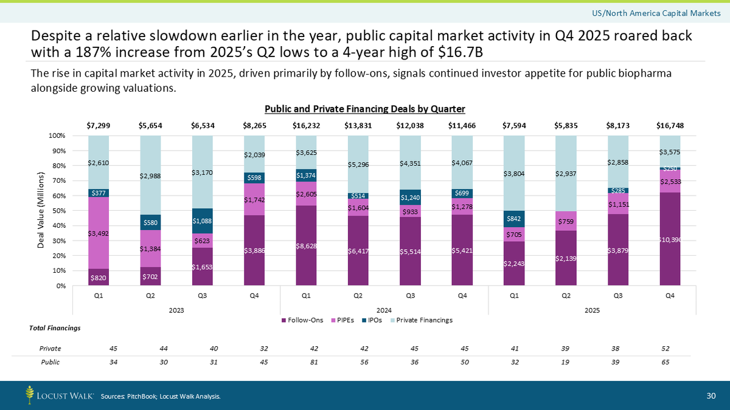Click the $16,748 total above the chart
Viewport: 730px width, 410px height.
[x=669, y=125]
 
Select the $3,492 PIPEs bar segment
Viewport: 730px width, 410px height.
[x=99, y=233]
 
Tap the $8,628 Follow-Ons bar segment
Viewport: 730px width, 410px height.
[x=306, y=245]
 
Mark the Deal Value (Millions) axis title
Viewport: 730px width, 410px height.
[x=41, y=210]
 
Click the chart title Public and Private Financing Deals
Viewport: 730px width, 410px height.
[x=364, y=109]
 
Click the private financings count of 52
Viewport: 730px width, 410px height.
[x=669, y=349]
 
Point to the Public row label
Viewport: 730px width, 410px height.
[x=50, y=361]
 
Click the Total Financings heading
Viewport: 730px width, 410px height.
[x=55, y=329]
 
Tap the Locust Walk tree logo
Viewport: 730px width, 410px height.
[x=30, y=395]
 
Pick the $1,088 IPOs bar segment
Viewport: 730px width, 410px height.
[x=202, y=221]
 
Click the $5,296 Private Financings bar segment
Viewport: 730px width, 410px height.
[x=358, y=164]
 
